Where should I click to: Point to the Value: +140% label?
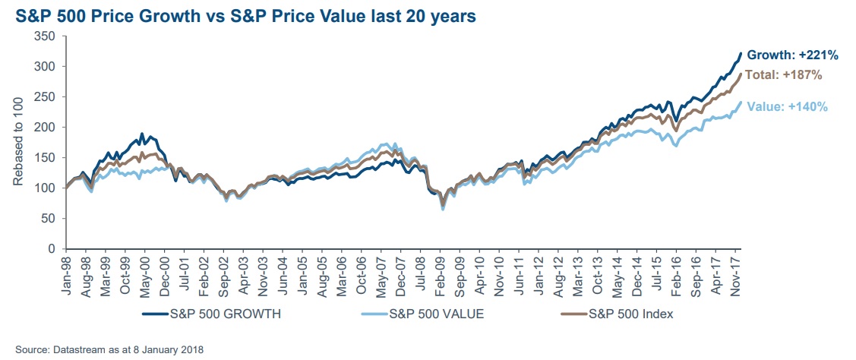(x=788, y=107)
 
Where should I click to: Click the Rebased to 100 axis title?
(x=18, y=142)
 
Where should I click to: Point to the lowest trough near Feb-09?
(x=443, y=208)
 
